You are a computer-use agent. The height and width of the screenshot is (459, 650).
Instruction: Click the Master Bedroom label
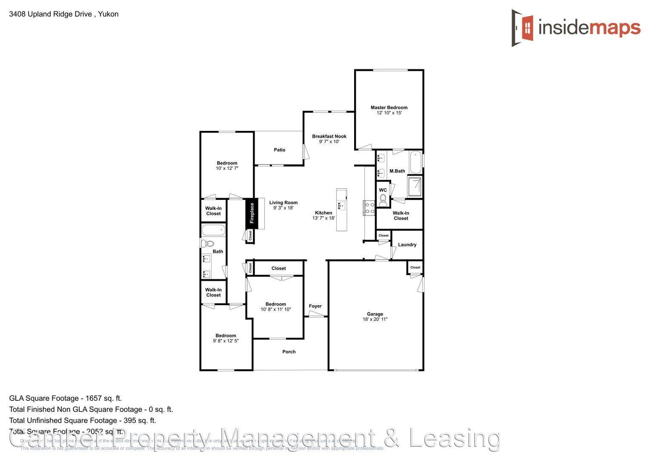tap(389, 108)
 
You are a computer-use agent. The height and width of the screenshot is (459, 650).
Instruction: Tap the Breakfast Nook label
tap(329, 136)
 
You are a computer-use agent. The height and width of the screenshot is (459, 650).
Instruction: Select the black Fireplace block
tap(252, 213)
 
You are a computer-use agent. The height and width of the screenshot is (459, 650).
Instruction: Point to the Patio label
tap(279, 150)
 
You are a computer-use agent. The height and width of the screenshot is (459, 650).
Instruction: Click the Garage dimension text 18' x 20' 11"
tap(375, 319)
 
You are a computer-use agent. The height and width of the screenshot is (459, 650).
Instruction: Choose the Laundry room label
tap(407, 245)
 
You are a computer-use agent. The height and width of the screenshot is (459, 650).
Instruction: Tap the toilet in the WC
tap(383, 199)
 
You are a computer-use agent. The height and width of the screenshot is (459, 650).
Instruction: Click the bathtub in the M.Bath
tap(415, 162)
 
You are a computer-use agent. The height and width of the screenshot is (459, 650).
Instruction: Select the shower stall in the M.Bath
tap(415, 187)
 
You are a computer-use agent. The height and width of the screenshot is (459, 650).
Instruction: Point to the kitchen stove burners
tap(369, 208)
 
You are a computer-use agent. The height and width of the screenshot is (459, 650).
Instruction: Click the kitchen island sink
tap(341, 206)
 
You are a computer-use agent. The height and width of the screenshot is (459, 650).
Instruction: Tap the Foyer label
tap(315, 306)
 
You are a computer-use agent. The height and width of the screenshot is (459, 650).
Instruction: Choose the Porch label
tap(289, 352)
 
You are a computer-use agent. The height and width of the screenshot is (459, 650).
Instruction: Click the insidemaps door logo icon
tap(523, 28)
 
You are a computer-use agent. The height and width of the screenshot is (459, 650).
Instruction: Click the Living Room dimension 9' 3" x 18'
tap(283, 208)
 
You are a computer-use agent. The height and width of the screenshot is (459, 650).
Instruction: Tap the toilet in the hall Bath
tap(207, 244)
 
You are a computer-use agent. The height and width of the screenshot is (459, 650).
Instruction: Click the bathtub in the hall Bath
tap(213, 231)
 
